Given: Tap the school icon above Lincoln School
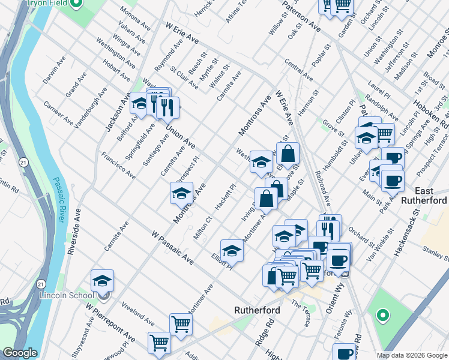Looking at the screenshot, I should point(103,281).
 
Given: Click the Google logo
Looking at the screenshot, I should point(20,353).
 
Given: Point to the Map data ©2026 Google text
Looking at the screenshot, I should point(411,355).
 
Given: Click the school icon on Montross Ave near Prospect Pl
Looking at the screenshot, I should point(181,193).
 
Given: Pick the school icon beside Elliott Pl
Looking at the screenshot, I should point(232,251).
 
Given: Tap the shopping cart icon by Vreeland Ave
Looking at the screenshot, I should point(181,324).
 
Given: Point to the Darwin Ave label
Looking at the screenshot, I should point(54,70).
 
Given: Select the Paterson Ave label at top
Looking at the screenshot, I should point(302,17).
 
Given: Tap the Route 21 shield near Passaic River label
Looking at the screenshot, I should point(23,163).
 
